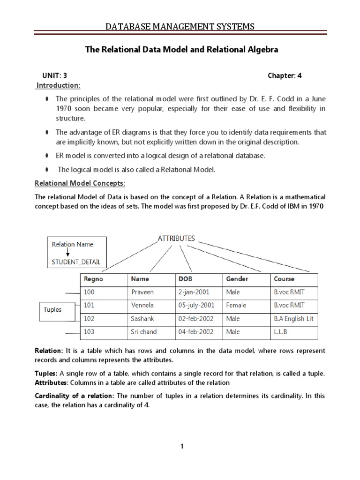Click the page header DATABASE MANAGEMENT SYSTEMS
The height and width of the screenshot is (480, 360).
pyautogui.click(x=180, y=27)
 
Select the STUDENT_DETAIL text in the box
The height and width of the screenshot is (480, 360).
pyautogui.click(x=77, y=262)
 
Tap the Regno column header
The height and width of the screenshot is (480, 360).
pyautogui.click(x=93, y=279)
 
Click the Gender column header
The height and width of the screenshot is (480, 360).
pyautogui.click(x=237, y=279)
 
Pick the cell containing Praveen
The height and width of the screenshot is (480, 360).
pyautogui.click(x=143, y=292)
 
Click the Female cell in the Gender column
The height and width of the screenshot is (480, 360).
pyautogui.click(x=237, y=305)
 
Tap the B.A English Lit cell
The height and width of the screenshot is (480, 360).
pyautogui.click(x=293, y=319)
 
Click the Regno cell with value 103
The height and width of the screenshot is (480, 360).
pyautogui.click(x=90, y=332)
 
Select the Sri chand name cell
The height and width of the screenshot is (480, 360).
pyautogui.click(x=144, y=332)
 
